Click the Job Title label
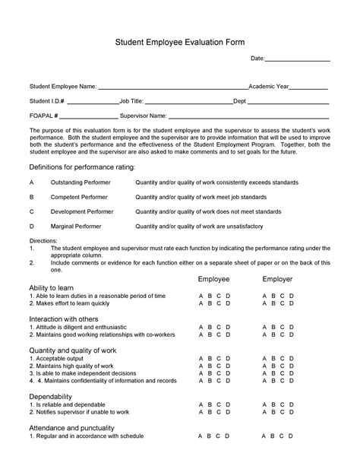click(x=131, y=101)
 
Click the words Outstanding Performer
click(x=80, y=182)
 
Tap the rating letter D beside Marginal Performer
click(x=32, y=226)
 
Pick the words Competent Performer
click(x=78, y=197)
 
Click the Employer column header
click(x=277, y=279)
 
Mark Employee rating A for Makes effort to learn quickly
click(x=201, y=303)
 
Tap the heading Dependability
click(x=50, y=397)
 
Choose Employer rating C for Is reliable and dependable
click(x=283, y=407)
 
